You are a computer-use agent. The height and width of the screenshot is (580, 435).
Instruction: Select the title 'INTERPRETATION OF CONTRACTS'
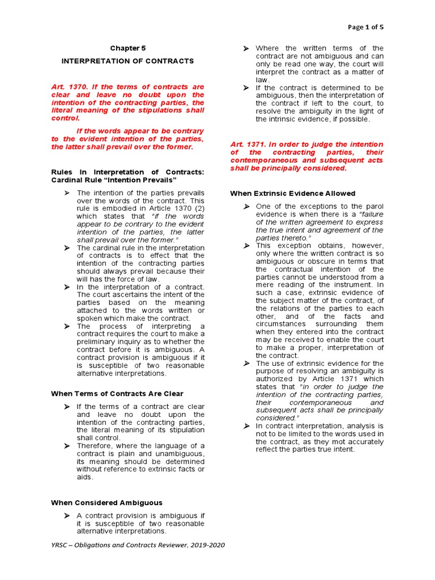(127, 61)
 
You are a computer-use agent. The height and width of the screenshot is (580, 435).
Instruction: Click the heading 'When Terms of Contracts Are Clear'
(117, 393)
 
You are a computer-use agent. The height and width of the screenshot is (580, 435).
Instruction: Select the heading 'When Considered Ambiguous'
(106, 502)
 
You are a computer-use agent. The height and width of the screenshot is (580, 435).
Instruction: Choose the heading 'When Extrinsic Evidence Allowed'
(293, 193)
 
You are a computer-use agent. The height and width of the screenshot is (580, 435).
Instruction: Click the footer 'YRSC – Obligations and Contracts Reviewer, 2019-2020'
(137, 545)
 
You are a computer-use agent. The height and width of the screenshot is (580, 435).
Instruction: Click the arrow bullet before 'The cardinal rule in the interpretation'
(66, 248)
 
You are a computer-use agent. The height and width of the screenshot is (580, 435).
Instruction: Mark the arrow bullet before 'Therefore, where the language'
(66, 446)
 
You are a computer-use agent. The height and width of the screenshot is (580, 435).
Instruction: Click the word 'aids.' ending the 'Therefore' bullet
(85, 477)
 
